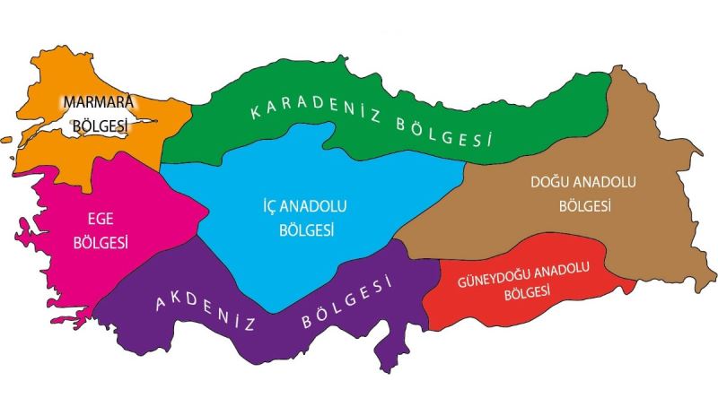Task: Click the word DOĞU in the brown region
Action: [550, 183]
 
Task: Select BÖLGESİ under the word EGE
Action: [101, 243]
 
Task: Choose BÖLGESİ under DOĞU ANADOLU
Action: [584, 206]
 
